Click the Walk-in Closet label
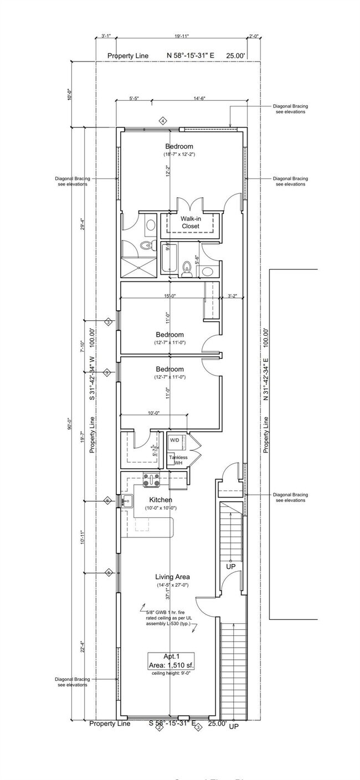[x=190, y=222]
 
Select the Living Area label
[x=172, y=577]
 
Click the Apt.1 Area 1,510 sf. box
[x=171, y=661]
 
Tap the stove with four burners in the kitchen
[x=151, y=480]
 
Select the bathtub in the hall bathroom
[x=169, y=259]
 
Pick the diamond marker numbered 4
[x=163, y=120]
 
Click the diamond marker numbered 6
[x=108, y=501]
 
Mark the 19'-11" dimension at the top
[x=181, y=36]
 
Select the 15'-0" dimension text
[x=169, y=296]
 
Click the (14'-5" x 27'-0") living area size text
[x=172, y=586]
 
